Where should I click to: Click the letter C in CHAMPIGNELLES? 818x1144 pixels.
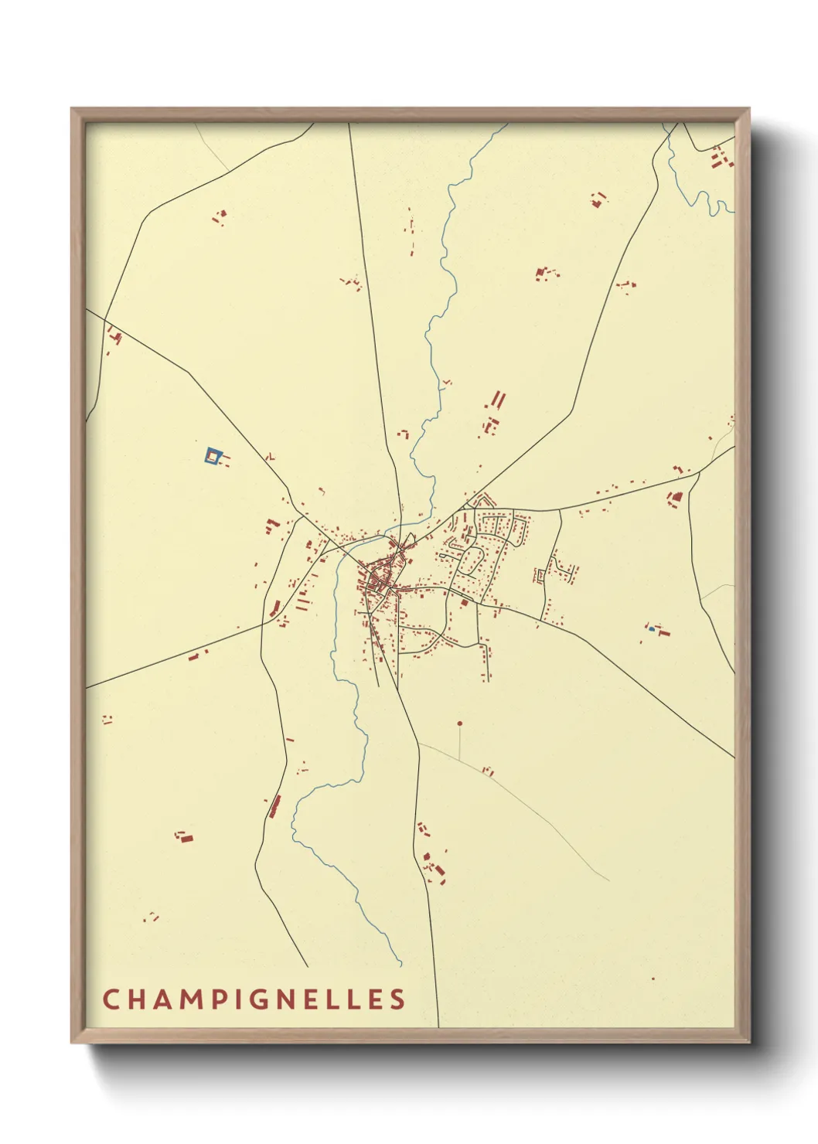pyautogui.click(x=110, y=999)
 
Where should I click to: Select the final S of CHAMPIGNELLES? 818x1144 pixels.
pyautogui.click(x=397, y=999)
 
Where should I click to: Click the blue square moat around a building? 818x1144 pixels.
pyautogui.click(x=213, y=456)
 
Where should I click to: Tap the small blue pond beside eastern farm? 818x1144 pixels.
pyautogui.click(x=652, y=629)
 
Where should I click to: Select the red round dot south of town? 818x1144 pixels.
pyautogui.click(x=459, y=724)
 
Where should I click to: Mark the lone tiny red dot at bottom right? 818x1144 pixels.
pyautogui.click(x=653, y=979)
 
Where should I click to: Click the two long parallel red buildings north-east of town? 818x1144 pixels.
pyautogui.click(x=497, y=400)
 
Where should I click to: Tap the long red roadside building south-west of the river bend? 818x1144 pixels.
pyautogui.click(x=274, y=806)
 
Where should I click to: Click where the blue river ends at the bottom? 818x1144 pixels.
pyautogui.click(x=400, y=964)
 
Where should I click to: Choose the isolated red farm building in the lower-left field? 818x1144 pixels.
pyautogui.click(x=184, y=836)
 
